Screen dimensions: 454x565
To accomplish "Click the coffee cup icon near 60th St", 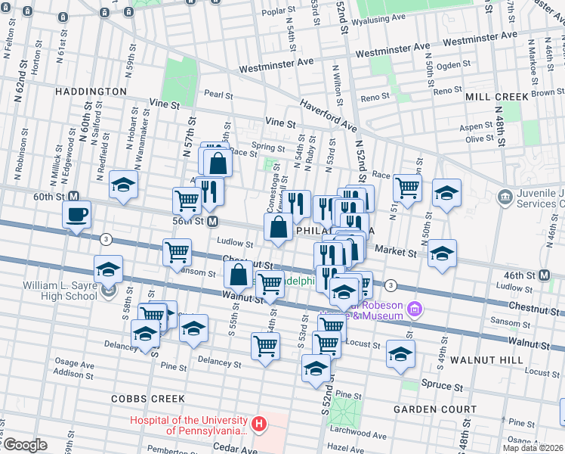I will coord(77,214).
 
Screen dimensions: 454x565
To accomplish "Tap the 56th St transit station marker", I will coord(214,222).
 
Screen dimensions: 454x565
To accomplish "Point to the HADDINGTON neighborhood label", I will coord(91,92).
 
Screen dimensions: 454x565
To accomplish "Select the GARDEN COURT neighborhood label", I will coord(435,409).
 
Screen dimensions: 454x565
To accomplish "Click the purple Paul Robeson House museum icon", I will coord(413,309).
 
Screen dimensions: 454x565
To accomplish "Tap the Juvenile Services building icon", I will coord(504,198).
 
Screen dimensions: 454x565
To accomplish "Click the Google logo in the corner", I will coord(24,445).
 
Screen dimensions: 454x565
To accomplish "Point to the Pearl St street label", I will coord(218,95).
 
